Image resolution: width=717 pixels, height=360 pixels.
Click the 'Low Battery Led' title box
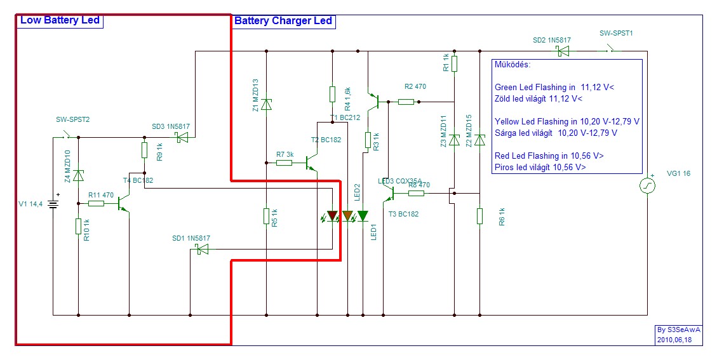pyautogui.click(x=60, y=20)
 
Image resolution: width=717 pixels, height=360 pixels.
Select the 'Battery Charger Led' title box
pyautogui.click(x=283, y=21)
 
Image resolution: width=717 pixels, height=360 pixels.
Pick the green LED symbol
pyautogui.click(x=363, y=217)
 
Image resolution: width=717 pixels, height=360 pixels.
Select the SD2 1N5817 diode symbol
pyautogui.click(x=562, y=51)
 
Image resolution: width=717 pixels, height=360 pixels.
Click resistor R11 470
pyautogui.click(x=96, y=204)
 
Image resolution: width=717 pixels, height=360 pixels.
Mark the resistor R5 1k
pyautogui.click(x=267, y=217)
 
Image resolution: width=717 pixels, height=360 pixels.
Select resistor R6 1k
pyautogui.click(x=480, y=217)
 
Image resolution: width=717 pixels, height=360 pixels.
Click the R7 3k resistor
pyautogui.click(x=284, y=163)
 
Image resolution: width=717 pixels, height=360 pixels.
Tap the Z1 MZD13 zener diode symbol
pyautogui.click(x=267, y=103)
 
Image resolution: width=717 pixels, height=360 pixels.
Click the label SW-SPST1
pyautogui.click(x=616, y=32)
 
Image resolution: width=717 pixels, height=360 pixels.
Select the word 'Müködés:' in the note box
pyautogui.click(x=512, y=65)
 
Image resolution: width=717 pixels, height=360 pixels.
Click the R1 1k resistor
pyautogui.click(x=455, y=63)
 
